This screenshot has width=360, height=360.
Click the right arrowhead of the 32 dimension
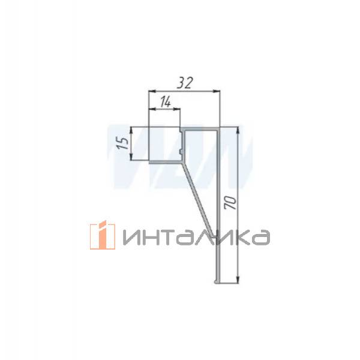click(x=218, y=91)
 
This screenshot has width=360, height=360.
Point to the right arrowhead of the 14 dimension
click(x=179, y=109)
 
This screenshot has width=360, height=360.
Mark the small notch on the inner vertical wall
click(x=181, y=144)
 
